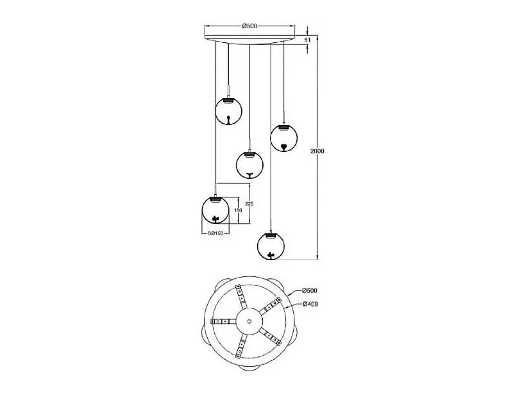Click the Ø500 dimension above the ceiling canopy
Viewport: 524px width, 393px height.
[x=249, y=26]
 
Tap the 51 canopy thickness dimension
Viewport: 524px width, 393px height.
[x=307, y=40]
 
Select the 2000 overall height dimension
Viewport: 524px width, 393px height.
[x=317, y=151]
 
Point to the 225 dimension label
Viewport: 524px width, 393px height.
[x=249, y=204]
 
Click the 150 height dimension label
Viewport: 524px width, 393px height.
[x=238, y=210]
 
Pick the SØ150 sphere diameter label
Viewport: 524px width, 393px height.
[x=215, y=233]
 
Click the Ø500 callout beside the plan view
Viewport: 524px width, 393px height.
[x=309, y=290]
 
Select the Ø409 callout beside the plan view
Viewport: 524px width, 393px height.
[x=310, y=304]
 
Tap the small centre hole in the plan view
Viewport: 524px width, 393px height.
[x=249, y=321]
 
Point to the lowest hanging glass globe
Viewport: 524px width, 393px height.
[x=271, y=246]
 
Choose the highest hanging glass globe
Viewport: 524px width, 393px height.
[x=229, y=111]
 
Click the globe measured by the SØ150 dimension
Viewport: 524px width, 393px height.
[x=215, y=210]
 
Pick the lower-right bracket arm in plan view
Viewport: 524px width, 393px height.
[x=271, y=337]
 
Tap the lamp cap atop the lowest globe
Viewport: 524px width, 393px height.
[x=271, y=235]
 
